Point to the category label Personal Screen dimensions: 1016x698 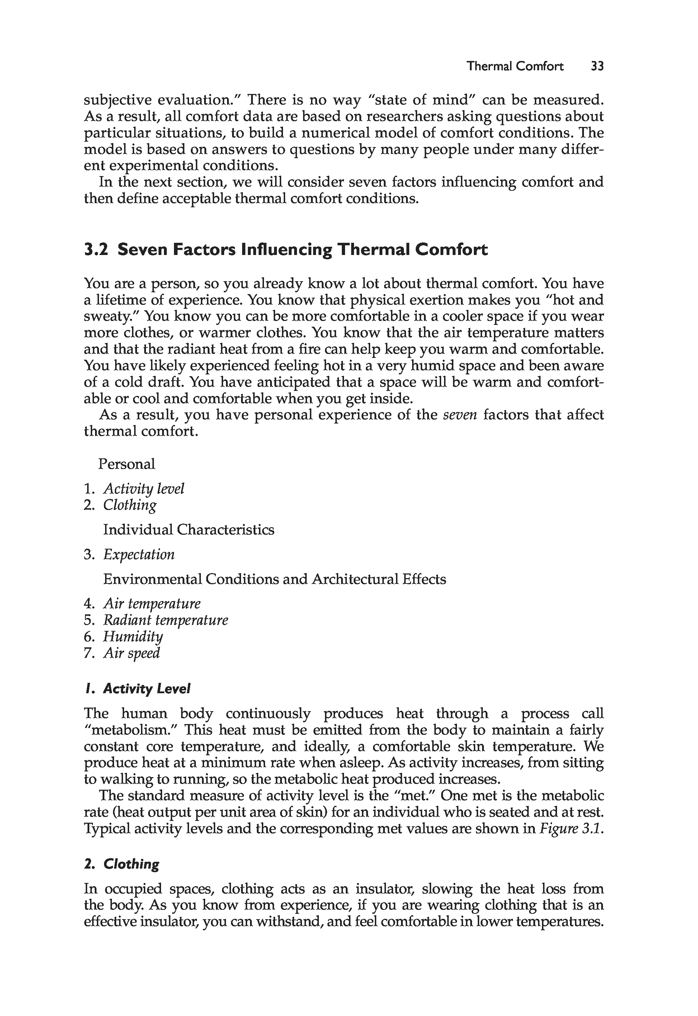(x=126, y=464)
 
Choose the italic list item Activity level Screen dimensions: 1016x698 (x=143, y=489)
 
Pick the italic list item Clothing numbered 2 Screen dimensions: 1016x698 (x=129, y=505)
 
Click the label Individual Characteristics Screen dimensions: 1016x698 (x=189, y=530)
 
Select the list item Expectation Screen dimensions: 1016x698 (x=139, y=555)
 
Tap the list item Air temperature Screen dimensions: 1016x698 (x=152, y=604)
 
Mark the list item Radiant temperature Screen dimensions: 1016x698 (x=165, y=620)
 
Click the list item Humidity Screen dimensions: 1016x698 (x=133, y=637)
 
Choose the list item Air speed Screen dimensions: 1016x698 (x=132, y=653)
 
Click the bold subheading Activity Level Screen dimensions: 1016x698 (x=146, y=689)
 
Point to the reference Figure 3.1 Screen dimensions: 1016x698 (x=569, y=829)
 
